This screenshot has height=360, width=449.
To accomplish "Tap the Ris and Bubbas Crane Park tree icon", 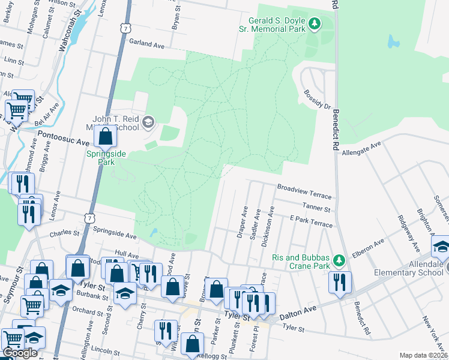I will [339, 260].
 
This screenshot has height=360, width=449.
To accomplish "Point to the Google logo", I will [19, 353].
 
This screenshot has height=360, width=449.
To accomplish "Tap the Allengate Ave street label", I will [361, 149].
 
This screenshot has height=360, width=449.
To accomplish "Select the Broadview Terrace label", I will [304, 188].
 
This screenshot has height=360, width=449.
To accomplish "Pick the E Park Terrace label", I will [310, 222].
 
